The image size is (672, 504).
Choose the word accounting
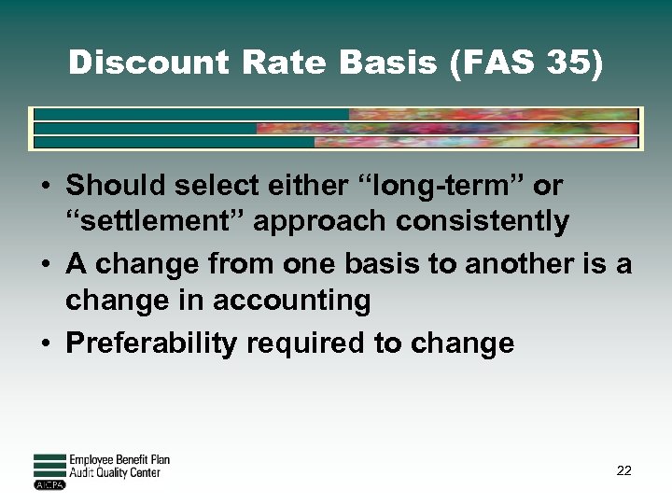coord(291,301)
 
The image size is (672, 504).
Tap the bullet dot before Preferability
coord(46,343)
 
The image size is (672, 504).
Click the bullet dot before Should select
coord(46,186)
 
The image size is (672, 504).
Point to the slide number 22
coord(623,470)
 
